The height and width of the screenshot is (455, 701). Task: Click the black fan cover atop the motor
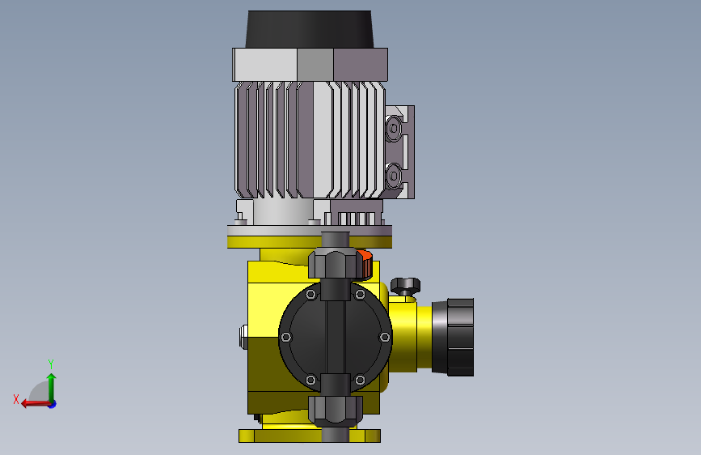[x=310, y=29]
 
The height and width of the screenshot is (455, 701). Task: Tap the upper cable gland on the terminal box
[x=394, y=129]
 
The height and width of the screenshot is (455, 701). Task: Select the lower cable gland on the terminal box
[x=394, y=176]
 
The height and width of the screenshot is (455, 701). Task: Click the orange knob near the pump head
[x=365, y=263]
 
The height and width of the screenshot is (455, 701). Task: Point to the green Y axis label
[x=51, y=364]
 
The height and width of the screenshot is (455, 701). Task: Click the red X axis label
[x=16, y=399]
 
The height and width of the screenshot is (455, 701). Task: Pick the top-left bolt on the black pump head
[x=310, y=294]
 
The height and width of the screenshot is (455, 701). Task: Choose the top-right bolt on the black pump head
[x=360, y=294]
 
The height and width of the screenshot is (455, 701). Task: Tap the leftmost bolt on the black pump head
[x=286, y=337]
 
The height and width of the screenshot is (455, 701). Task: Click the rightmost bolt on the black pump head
[x=385, y=337]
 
